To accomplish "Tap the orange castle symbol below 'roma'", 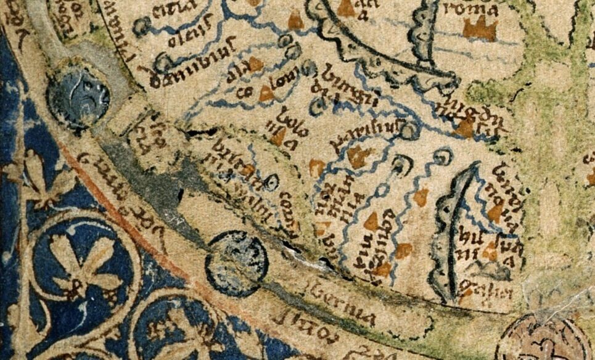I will tap(480, 28).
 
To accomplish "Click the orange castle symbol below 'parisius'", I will tap(357, 157).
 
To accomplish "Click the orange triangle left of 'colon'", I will tap(266, 94).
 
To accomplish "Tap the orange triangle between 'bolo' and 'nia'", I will tap(278, 136).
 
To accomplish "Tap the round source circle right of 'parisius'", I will tap(411, 129).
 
